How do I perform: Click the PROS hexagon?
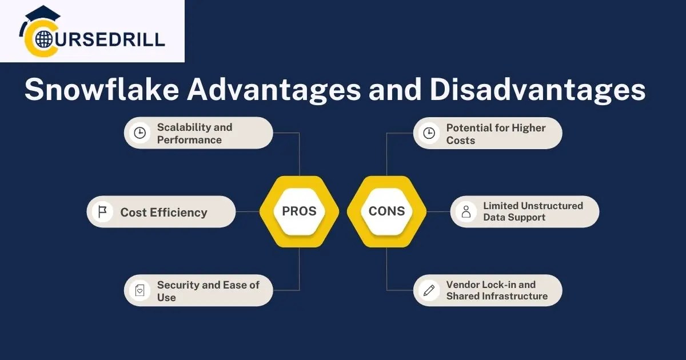[x=299, y=211]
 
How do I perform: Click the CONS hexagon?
[x=386, y=211]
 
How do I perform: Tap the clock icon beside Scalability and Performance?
[x=139, y=133]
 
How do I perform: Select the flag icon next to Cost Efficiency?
[x=102, y=212]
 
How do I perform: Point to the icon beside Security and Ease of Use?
[x=139, y=290]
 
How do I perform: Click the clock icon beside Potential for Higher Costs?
[x=429, y=134]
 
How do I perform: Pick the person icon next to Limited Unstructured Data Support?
[x=466, y=212]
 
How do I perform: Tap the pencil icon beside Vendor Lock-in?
[x=429, y=290]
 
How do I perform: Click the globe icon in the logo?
[x=43, y=39]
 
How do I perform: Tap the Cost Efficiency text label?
[x=163, y=212]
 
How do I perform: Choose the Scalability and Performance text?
[x=194, y=133]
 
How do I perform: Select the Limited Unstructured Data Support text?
[x=533, y=211]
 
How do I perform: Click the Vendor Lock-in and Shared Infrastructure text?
[x=496, y=290]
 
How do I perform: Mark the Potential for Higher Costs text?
[x=496, y=134]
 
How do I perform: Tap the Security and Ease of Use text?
[x=208, y=290]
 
